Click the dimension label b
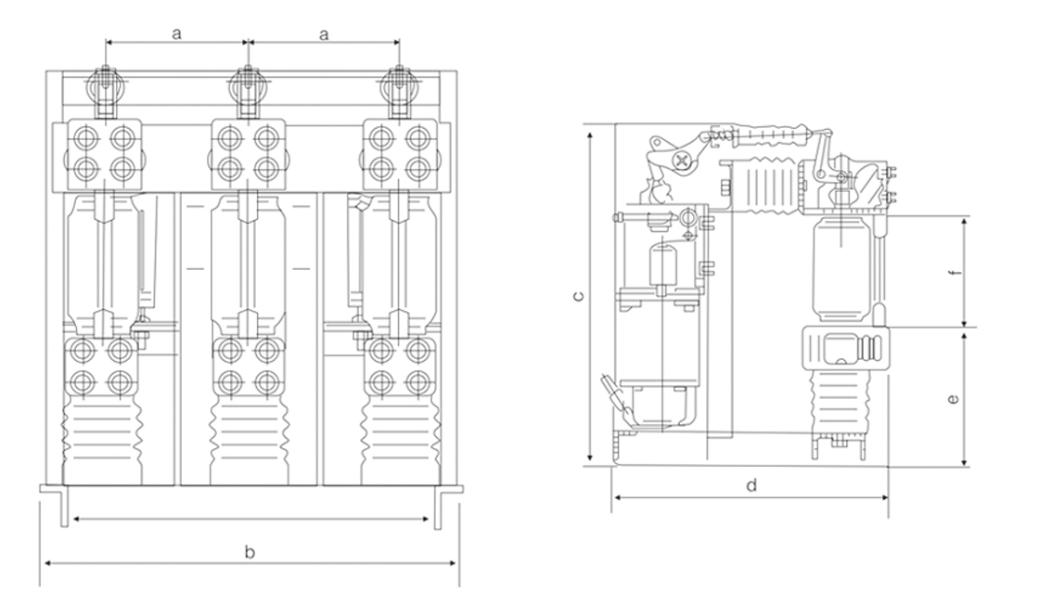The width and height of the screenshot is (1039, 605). click(250, 552)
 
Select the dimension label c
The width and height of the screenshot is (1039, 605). click(577, 297)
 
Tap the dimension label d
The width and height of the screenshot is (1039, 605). click(751, 485)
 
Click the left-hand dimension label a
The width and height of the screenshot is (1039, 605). click(176, 33)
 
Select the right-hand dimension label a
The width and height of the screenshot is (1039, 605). click(324, 33)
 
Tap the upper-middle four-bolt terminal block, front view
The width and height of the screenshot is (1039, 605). click(248, 151)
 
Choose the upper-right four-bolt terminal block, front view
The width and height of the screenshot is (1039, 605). click(399, 151)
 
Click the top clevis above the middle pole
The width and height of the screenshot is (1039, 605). click(248, 89)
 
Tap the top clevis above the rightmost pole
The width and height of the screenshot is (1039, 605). click(400, 89)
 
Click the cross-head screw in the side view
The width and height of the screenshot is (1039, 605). click(686, 161)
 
